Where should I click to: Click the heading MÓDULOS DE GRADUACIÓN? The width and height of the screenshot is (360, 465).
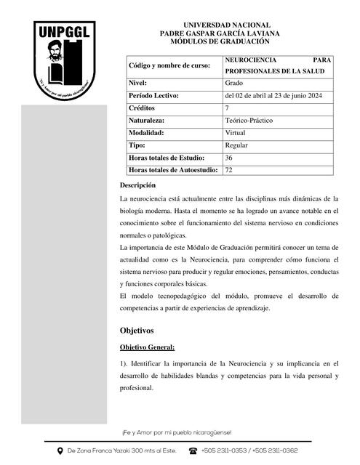[x=219, y=41]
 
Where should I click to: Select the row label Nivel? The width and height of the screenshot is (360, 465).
[x=138, y=84]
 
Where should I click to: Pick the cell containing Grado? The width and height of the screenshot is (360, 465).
[x=234, y=84]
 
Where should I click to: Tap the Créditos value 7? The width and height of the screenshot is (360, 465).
[x=228, y=108]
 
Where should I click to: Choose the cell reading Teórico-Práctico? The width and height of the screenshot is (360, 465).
[x=249, y=121]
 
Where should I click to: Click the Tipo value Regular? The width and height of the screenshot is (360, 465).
[x=237, y=145]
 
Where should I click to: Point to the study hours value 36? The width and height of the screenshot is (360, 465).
[x=229, y=158]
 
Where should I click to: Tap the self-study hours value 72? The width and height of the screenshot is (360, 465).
[x=229, y=170]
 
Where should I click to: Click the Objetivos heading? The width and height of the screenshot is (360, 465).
[x=137, y=331]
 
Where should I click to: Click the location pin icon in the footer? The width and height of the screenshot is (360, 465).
[x=60, y=451]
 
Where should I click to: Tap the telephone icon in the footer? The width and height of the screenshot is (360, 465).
[x=193, y=451]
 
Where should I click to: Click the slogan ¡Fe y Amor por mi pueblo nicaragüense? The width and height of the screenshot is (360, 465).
[x=177, y=432]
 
